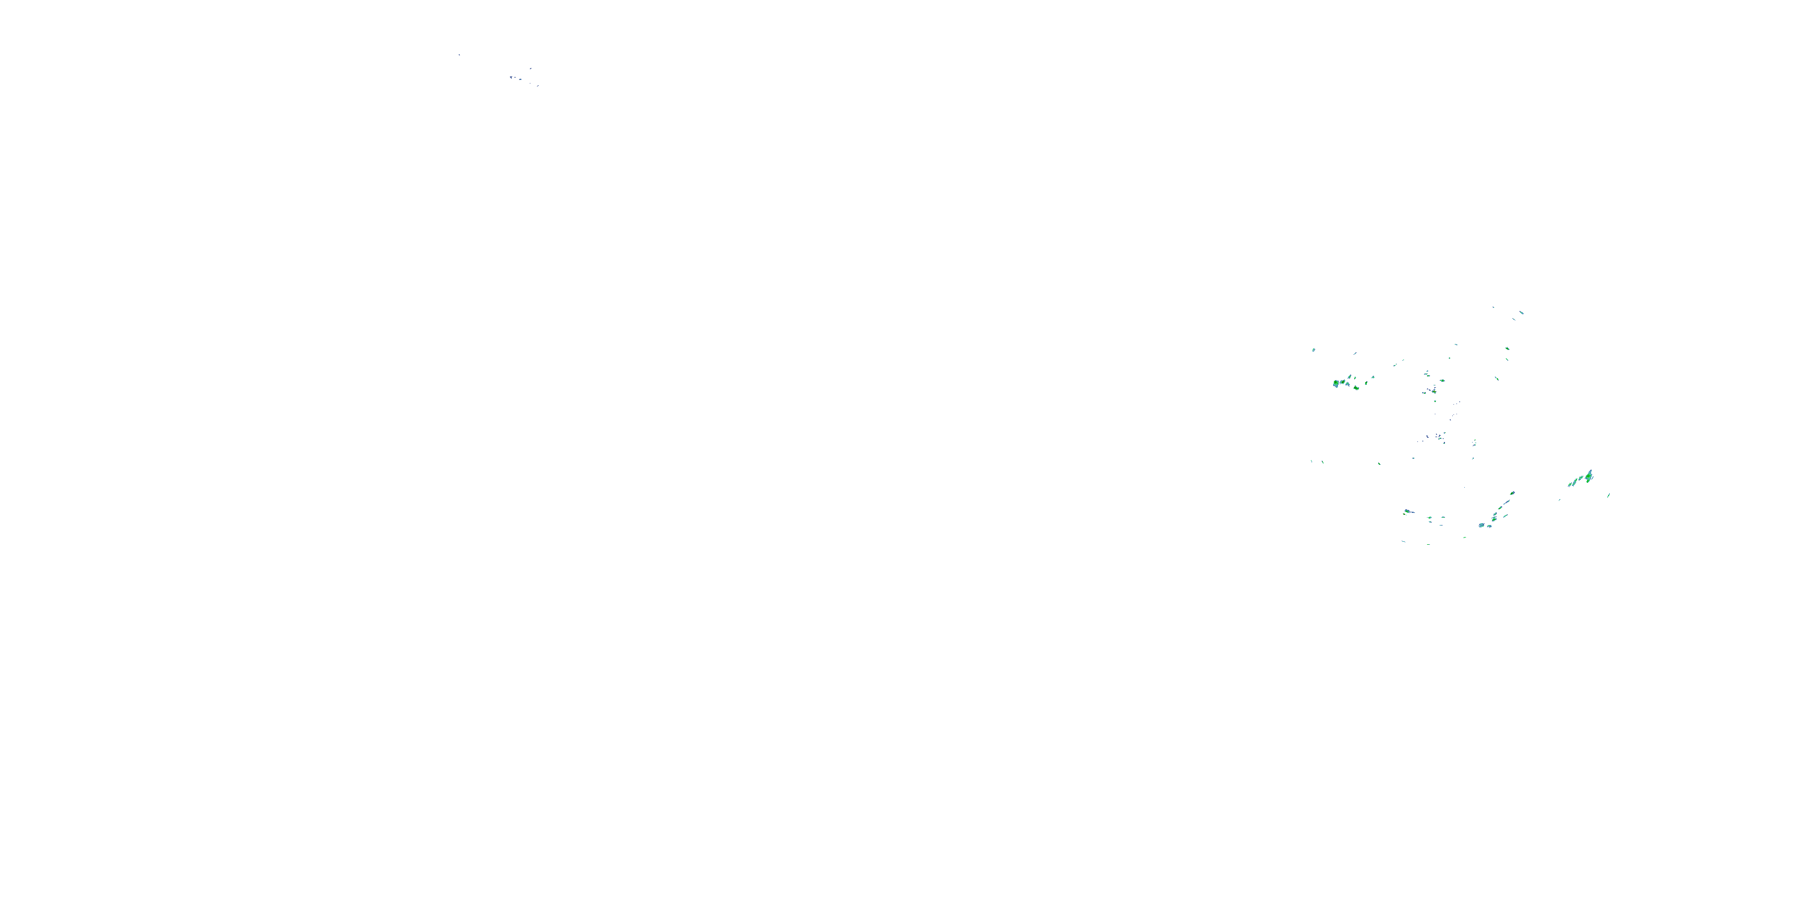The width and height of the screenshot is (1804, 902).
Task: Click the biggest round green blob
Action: click(x=1336, y=384)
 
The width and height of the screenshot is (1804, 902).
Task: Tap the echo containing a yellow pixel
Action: click(x=1435, y=391)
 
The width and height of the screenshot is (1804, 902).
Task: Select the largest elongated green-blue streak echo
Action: click(x=1590, y=476)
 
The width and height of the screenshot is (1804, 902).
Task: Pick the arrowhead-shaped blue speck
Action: click(x=511, y=78)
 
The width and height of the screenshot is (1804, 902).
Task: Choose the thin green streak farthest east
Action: click(x=1609, y=496)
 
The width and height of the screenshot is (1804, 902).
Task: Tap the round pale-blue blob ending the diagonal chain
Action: click(x=1482, y=525)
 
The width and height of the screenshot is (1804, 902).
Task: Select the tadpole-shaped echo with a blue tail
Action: click(x=1408, y=512)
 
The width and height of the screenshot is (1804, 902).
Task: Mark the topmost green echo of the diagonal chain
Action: click(x=1513, y=494)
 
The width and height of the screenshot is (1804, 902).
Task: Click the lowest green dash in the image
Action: click(x=1429, y=545)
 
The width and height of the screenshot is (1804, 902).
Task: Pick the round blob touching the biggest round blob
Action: click(x=1343, y=382)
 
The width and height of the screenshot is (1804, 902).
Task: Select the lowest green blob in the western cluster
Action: click(x=1357, y=388)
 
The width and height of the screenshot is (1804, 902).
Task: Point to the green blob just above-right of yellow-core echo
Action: click(x=1443, y=381)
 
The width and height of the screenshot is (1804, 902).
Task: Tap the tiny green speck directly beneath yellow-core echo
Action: click(x=1435, y=401)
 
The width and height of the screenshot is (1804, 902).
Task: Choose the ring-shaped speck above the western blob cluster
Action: click(x=1314, y=350)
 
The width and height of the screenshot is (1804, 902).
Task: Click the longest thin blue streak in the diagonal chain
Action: click(x=1507, y=502)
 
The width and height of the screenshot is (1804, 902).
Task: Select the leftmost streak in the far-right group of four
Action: click(x=1570, y=485)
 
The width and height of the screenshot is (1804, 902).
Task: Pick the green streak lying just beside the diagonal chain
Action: click(x=1506, y=516)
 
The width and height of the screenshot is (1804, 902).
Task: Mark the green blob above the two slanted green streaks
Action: click(x=1508, y=349)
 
